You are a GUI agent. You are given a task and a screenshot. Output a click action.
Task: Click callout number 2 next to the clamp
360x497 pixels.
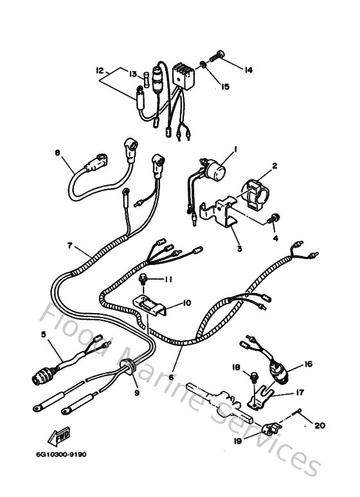click(x=274, y=166)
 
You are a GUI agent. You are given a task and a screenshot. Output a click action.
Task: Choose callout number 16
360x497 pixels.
click(x=308, y=365)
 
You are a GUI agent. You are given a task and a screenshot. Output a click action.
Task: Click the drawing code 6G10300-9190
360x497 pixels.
click(x=62, y=455)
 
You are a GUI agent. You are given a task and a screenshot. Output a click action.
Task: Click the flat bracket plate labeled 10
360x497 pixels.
click(x=151, y=304)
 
